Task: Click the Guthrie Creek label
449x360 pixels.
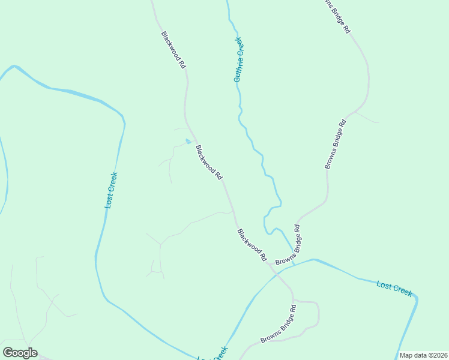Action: pos(238,59)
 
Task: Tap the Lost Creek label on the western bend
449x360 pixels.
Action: pos(111,190)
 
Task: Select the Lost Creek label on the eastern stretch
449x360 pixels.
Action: pos(394,288)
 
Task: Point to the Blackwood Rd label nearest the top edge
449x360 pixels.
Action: pos(173,49)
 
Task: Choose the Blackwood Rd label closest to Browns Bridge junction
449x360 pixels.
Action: pos(252,244)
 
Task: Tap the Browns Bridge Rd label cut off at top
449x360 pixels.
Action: pos(336,16)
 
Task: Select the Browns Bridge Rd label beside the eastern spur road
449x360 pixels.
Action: pos(336,144)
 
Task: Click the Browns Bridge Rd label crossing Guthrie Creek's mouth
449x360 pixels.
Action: pos(289,246)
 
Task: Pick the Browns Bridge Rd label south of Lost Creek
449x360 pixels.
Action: pos(279,324)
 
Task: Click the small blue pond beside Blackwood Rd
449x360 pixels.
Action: pos(188,142)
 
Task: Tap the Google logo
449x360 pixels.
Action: pos(20,353)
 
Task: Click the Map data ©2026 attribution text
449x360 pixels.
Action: pos(423,355)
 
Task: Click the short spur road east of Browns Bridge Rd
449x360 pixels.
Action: pos(367,117)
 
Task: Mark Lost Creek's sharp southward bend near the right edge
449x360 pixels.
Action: pos(415,298)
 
